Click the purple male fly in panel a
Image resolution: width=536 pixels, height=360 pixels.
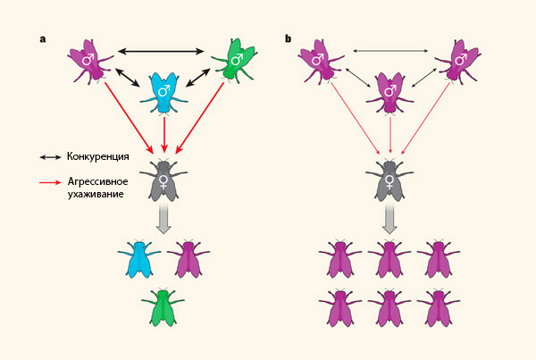(89, 61)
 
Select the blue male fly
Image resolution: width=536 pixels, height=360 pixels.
(163, 93)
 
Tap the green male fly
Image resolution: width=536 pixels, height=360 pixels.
(237, 61)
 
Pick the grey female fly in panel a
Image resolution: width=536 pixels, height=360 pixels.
(163, 182)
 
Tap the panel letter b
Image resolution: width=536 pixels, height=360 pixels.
(288, 39)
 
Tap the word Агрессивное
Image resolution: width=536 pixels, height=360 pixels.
(98, 181)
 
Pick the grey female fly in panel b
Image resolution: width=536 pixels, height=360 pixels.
(391, 182)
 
